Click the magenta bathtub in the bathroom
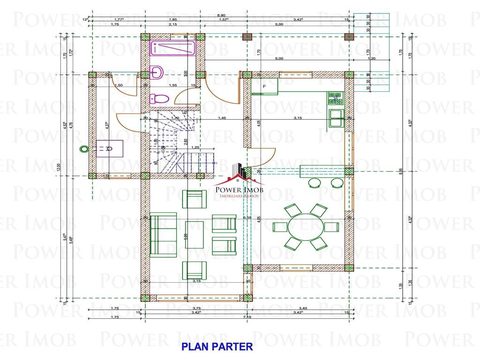pyautogui.click(x=169, y=49)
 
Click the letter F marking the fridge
pyautogui.click(x=264, y=87)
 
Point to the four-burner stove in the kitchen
pyautogui.click(x=336, y=98)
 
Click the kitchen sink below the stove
pyautogui.click(x=336, y=118)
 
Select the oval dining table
pyautogui.click(x=305, y=227)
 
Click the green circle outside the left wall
pyautogui.click(x=84, y=149)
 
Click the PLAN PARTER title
pyautogui.click(x=217, y=347)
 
